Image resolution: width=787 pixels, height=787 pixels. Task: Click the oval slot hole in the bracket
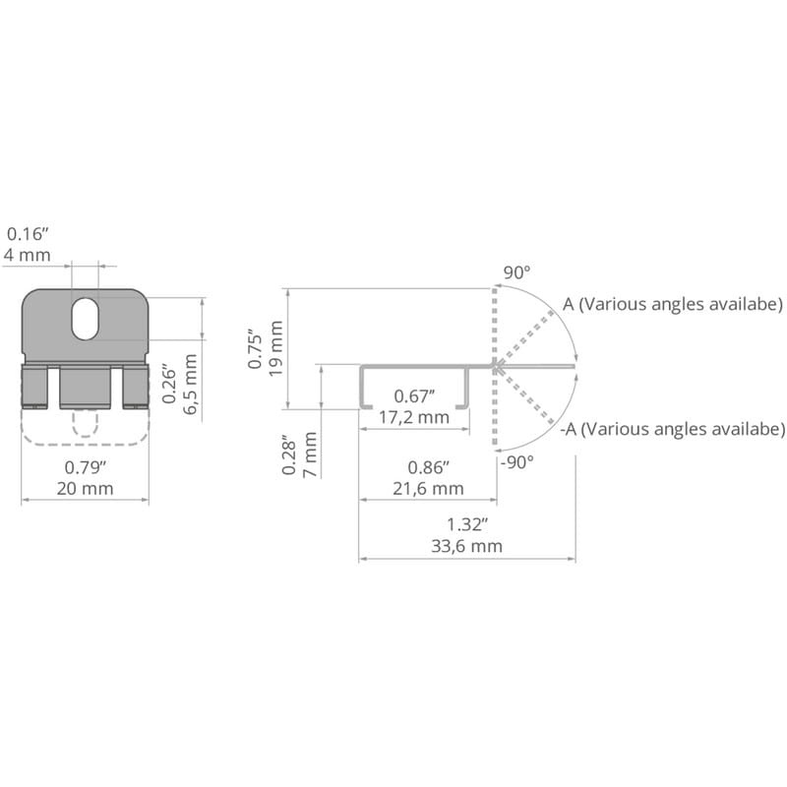(86, 319)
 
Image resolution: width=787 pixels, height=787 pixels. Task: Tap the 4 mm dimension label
(28, 255)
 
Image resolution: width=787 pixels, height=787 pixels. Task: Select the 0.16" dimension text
(28, 234)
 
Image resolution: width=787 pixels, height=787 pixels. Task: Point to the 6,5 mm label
(191, 384)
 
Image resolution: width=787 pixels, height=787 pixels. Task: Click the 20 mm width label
(85, 488)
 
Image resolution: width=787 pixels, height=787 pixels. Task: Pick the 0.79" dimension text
(86, 467)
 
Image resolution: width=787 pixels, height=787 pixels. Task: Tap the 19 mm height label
(276, 348)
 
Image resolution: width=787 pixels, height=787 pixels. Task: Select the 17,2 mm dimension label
(414, 417)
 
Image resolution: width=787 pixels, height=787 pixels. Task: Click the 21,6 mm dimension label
(428, 488)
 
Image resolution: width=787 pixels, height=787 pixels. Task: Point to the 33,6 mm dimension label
(466, 546)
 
